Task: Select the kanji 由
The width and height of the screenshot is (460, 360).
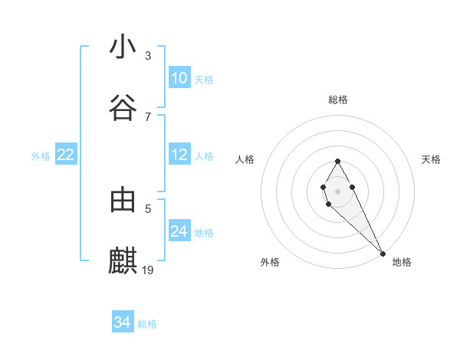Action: point(123,200)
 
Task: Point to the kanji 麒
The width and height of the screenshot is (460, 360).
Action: point(123,261)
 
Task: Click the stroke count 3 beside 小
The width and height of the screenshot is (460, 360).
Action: point(148,56)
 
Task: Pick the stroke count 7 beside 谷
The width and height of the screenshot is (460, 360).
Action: point(148,116)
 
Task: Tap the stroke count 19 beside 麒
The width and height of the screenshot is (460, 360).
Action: point(149,270)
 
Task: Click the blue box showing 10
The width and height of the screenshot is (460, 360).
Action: point(179,78)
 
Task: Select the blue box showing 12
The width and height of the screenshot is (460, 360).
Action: point(179,155)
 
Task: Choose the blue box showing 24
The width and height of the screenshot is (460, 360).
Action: point(179,231)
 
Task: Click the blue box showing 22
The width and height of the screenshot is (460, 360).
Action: point(66,155)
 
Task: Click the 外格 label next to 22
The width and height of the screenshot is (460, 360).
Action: point(41,156)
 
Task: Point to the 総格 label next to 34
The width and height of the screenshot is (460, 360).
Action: point(147,324)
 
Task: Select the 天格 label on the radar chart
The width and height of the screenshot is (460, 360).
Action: point(431,159)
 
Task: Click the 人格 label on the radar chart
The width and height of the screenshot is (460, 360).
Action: point(245,159)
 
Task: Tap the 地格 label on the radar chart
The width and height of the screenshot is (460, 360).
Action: point(402,263)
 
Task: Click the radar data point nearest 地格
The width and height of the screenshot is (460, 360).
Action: point(383,253)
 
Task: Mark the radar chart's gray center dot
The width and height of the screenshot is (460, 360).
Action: point(337,191)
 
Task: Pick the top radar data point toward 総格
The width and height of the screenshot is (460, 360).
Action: point(337,162)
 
